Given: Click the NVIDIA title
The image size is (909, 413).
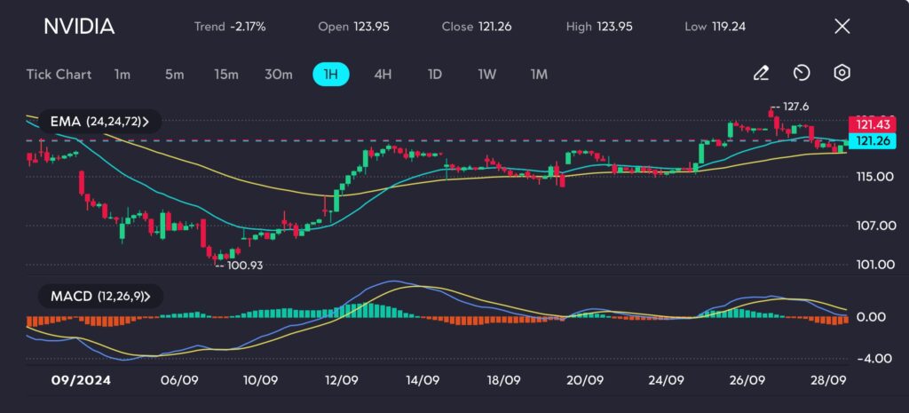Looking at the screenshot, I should click(79, 27).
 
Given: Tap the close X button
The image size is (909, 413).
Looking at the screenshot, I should click(842, 27).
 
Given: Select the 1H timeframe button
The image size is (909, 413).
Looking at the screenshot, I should click(331, 74).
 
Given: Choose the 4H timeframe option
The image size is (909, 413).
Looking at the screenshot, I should click(383, 74).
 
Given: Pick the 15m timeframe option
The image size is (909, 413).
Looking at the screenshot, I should click(226, 74).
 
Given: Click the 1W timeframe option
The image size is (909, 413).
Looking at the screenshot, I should click(486, 74).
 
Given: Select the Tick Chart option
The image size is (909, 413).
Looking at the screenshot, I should click(59, 74).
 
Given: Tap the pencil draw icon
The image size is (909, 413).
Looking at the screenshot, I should click(761, 74).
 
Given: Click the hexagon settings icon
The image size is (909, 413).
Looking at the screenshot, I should click(842, 74).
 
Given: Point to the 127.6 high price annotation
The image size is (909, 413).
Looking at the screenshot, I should click(793, 107).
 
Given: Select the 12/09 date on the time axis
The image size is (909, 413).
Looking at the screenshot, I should click(342, 379).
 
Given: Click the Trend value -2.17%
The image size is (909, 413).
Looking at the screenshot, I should click(248, 27).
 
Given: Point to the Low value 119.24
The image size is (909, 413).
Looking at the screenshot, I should click(728, 27).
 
